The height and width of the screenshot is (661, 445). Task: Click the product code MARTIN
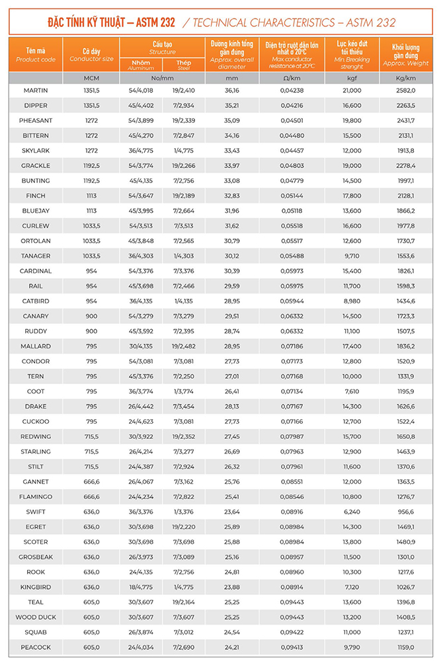point(35,90)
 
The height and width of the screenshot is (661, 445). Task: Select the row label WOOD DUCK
point(35,617)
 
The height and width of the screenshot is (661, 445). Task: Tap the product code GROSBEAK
point(35,557)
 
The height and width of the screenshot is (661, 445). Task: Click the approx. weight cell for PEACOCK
point(405,647)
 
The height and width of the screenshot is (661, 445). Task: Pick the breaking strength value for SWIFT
point(352,512)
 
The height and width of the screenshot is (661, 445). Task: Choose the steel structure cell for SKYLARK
point(183,150)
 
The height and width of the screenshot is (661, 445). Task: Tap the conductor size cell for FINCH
point(91,196)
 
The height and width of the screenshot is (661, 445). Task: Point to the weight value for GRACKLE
point(405,165)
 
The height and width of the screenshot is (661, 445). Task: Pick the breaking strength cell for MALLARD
point(352,346)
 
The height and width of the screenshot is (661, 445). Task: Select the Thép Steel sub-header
point(183,65)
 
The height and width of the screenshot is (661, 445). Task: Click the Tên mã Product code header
point(35,54)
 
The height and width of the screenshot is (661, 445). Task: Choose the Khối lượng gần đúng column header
point(405,54)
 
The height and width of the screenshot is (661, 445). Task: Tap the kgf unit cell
point(352,78)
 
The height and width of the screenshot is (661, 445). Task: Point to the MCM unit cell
point(91,78)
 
